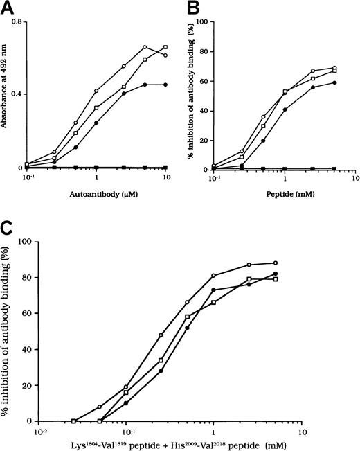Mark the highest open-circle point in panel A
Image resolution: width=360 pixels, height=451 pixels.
click(145, 47)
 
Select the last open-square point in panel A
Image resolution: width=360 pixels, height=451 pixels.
click(166, 47)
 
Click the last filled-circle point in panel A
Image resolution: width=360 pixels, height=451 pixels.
click(166, 85)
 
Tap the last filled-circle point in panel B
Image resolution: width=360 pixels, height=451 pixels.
click(335, 82)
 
